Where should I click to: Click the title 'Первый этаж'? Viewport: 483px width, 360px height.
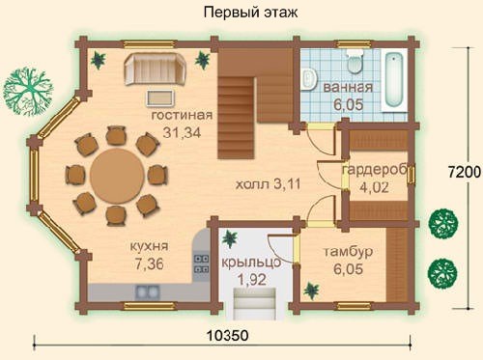tap(250, 13)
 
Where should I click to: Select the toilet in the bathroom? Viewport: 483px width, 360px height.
tap(355, 62)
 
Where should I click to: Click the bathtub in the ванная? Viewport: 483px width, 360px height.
tap(394, 80)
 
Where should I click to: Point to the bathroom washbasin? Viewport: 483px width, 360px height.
tap(309, 79)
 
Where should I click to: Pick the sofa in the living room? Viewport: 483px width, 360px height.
tap(156, 69)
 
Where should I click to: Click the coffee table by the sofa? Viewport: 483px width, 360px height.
tap(161, 97)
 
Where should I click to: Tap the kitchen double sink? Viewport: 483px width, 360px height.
tap(148, 292)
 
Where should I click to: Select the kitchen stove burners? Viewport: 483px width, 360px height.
tap(201, 263)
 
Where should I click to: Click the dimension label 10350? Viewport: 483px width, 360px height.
tap(227, 336)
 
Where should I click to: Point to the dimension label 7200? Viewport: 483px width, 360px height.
tap(465, 173)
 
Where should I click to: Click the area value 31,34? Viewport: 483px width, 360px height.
tap(182, 132)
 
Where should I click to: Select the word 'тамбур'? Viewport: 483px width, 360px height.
tap(348, 252)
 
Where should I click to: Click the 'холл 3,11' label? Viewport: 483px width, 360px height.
tap(268, 184)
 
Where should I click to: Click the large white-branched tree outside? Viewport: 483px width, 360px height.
tap(28, 91)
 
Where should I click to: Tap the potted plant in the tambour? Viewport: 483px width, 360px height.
tap(312, 291)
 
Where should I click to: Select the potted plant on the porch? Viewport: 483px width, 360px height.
tap(231, 238)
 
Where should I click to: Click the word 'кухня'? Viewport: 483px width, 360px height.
tap(149, 247)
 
